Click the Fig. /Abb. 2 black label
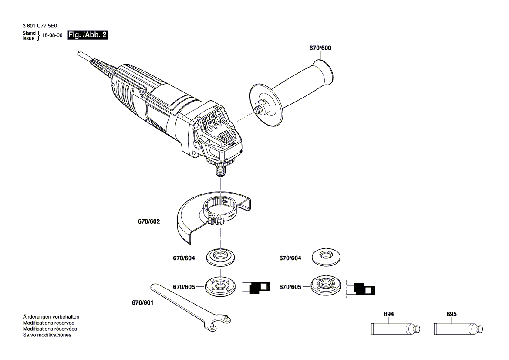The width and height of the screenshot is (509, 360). coord(88,35)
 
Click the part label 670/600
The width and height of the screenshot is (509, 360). coord(320,48)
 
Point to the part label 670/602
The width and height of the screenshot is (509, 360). coord(149,221)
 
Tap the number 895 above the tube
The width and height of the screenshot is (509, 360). coord(452,314)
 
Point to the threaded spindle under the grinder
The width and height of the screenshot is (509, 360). coord(220,168)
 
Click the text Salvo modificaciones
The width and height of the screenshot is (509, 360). coord(47,335)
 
